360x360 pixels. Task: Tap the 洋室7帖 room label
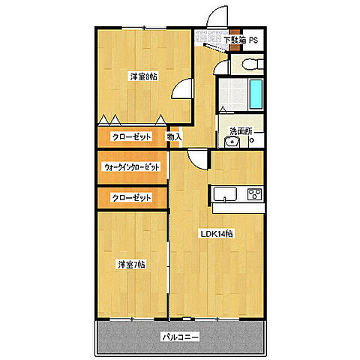coord(130,265)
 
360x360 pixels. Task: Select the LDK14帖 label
coord(216,233)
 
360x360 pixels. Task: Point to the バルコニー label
coord(180,337)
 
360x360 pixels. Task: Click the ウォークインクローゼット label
coord(132,168)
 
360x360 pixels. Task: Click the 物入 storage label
coord(174,136)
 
